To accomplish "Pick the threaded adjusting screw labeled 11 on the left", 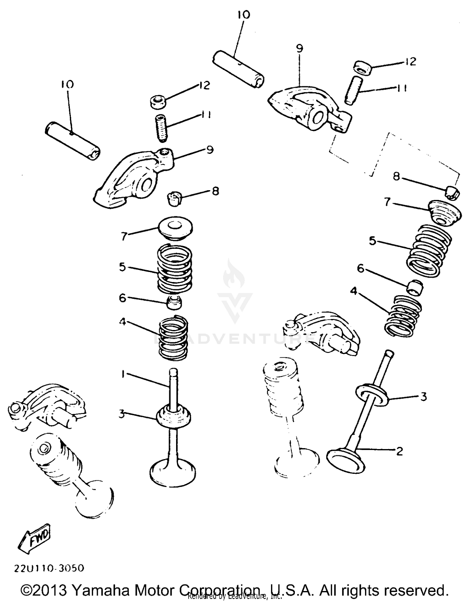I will coord(162,128).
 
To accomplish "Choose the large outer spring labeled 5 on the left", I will coord(174,268).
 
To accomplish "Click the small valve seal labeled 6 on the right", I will coord(415,287).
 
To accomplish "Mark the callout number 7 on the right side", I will coord(387,202).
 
